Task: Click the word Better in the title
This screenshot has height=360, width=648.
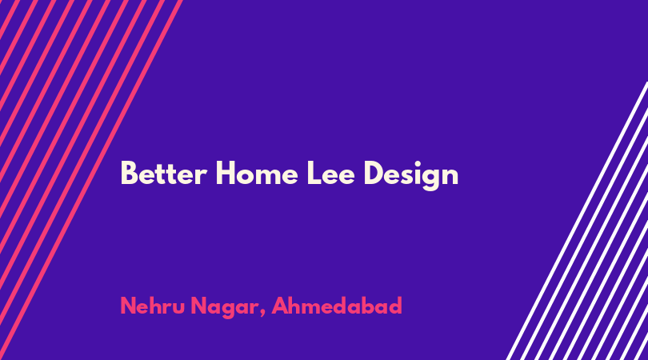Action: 163,174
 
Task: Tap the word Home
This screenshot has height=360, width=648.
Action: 256,174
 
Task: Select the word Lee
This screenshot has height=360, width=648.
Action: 330,174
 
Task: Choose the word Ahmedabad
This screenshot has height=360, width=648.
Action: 336,306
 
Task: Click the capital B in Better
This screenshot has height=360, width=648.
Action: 128,174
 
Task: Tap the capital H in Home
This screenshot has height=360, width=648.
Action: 225,174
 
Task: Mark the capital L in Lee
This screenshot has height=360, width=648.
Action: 314,174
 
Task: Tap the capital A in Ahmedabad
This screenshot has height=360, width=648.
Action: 281,306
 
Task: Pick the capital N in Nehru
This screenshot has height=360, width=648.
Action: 128,306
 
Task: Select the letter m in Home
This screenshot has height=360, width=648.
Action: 266,177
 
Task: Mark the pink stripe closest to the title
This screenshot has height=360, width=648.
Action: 91,180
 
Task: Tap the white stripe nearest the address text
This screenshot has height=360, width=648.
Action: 578,221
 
